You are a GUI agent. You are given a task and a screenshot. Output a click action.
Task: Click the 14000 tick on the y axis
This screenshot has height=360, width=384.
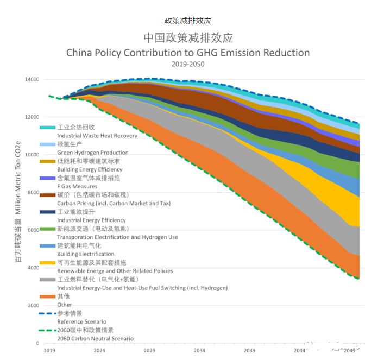point(32,80)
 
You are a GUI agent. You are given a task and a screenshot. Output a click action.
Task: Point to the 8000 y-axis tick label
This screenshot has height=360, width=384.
point(33,193)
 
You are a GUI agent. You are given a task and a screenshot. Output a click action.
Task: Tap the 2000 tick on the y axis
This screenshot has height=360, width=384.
point(33,306)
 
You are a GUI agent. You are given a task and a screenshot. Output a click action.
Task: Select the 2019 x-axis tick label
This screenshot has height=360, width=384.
point(49,350)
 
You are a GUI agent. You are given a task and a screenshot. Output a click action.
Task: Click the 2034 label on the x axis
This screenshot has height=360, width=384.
point(199,350)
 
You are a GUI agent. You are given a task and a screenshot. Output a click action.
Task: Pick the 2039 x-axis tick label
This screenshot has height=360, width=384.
point(249,350)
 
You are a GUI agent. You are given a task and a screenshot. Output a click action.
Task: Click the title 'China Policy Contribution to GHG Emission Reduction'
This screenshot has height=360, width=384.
point(188,53)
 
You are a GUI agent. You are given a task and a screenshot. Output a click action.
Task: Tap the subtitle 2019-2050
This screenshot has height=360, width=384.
point(188,64)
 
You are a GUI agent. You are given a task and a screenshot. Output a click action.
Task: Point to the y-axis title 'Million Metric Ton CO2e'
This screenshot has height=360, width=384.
point(17,179)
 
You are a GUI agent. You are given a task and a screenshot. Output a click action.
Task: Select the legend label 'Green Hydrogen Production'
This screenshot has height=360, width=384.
point(92,153)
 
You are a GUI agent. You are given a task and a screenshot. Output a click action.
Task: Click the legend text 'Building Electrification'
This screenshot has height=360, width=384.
point(86,254)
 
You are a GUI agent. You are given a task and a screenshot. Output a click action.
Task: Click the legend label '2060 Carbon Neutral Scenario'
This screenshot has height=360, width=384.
point(95,339)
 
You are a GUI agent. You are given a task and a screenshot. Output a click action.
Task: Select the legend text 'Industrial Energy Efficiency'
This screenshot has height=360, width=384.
point(91,220)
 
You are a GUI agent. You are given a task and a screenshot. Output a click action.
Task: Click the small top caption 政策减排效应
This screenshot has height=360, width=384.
point(188,21)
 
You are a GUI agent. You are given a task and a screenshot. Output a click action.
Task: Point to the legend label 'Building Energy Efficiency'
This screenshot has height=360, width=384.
point(90,169)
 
